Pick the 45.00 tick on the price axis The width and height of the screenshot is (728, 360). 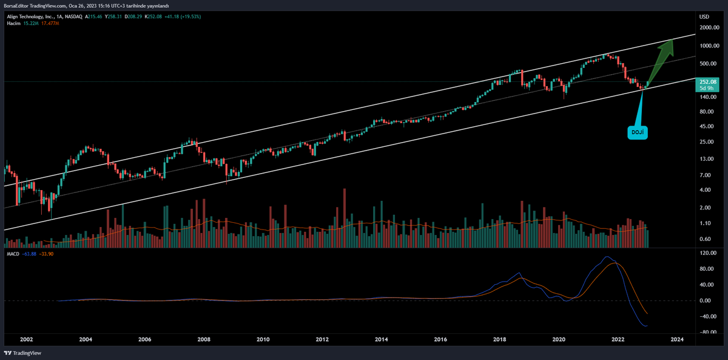[706, 127]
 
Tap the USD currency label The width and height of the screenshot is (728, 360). [704, 16]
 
